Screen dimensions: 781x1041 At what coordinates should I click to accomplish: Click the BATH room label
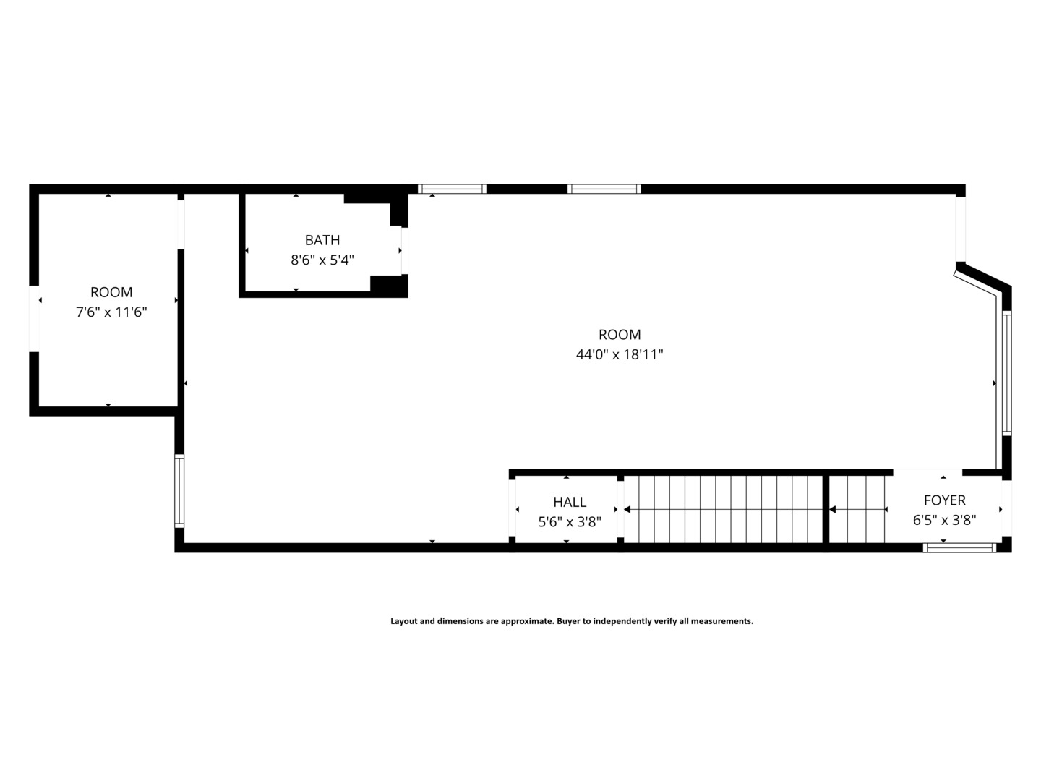tap(322, 240)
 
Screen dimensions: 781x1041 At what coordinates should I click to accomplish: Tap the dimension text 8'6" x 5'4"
tap(322, 260)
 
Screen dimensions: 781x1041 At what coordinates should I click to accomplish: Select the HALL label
tap(570, 502)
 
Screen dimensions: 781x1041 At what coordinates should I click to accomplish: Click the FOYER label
tap(944, 500)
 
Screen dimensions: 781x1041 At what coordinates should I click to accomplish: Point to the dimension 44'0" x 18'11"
tap(620, 355)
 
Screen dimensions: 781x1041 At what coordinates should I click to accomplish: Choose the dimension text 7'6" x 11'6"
tap(111, 312)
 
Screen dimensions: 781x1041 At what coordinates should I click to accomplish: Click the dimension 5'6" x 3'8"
tap(570, 521)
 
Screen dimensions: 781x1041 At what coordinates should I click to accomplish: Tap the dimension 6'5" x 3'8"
tap(944, 520)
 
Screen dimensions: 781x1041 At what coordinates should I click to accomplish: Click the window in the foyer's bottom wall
tap(959, 548)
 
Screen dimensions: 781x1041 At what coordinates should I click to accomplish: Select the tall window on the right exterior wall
tap(1006, 372)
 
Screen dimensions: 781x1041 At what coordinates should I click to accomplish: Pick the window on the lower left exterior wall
tap(179, 490)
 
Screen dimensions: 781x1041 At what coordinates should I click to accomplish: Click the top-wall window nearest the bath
tap(452, 189)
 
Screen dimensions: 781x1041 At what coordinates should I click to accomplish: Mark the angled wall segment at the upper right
tap(982, 280)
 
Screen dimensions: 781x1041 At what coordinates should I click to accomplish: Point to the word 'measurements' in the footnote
tap(723, 621)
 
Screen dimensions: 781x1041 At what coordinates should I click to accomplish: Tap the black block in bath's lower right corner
tap(389, 285)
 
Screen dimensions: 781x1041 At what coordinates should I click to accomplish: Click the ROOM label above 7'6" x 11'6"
tap(111, 292)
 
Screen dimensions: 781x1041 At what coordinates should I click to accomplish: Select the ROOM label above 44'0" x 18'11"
tap(620, 335)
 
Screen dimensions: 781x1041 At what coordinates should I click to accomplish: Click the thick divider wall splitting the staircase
tap(826, 508)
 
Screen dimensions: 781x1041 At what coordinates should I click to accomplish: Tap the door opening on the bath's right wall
tap(404, 251)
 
